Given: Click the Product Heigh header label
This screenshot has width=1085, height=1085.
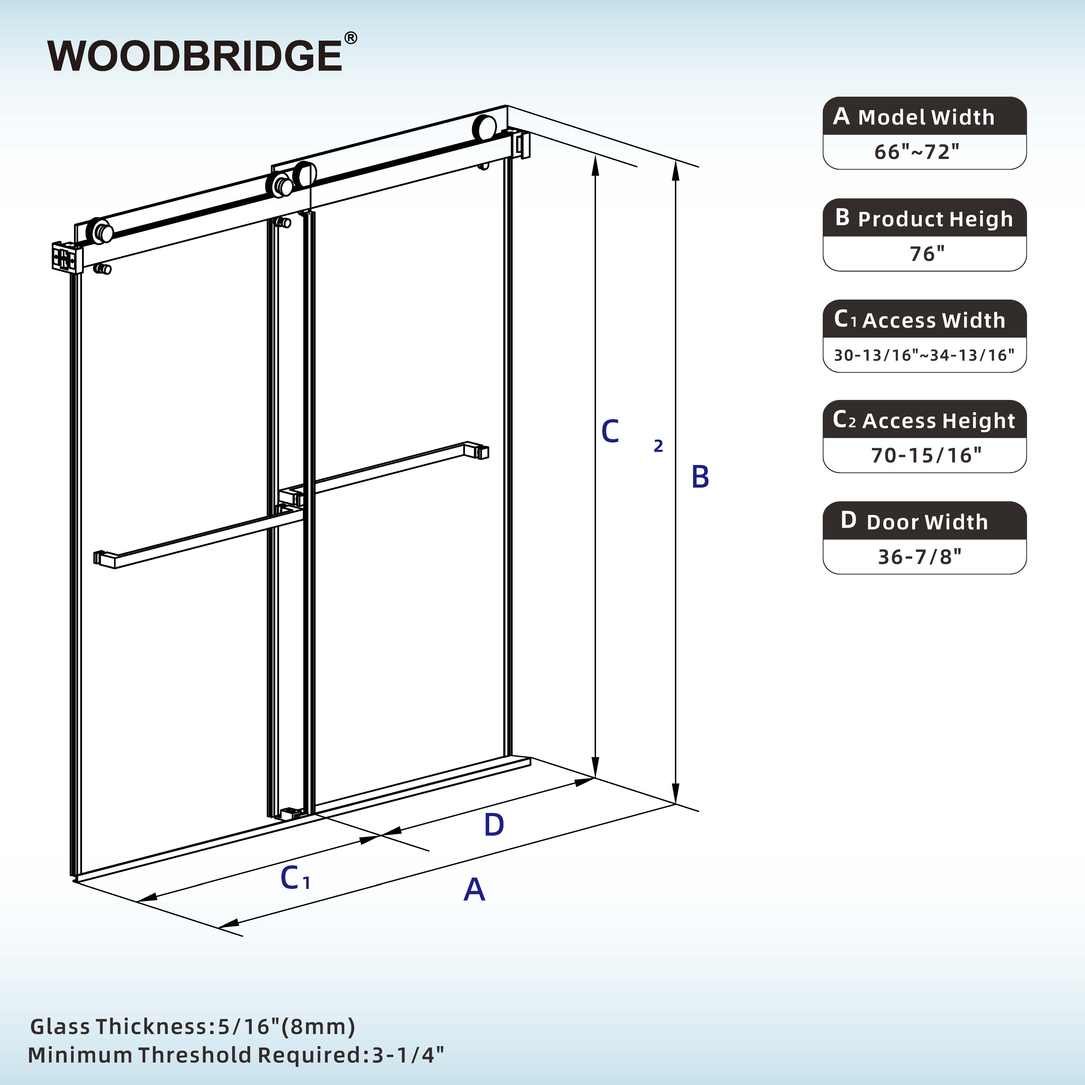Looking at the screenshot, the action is [935, 219].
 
